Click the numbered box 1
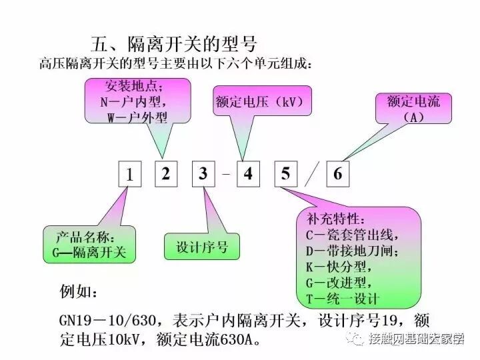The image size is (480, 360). point(130,175)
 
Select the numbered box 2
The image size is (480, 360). point(166,175)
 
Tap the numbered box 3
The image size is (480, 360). point(203,175)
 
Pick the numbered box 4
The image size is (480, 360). point(248,175)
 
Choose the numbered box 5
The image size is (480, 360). point(285,175)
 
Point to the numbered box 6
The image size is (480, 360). point(337,175)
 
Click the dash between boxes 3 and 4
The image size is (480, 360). point(225,175)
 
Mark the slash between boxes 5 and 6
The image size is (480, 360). point(311,175)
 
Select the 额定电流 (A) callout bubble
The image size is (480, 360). point(413,109)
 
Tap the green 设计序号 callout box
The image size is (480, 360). point(201,247)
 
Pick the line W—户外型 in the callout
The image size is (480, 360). point(137,117)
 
